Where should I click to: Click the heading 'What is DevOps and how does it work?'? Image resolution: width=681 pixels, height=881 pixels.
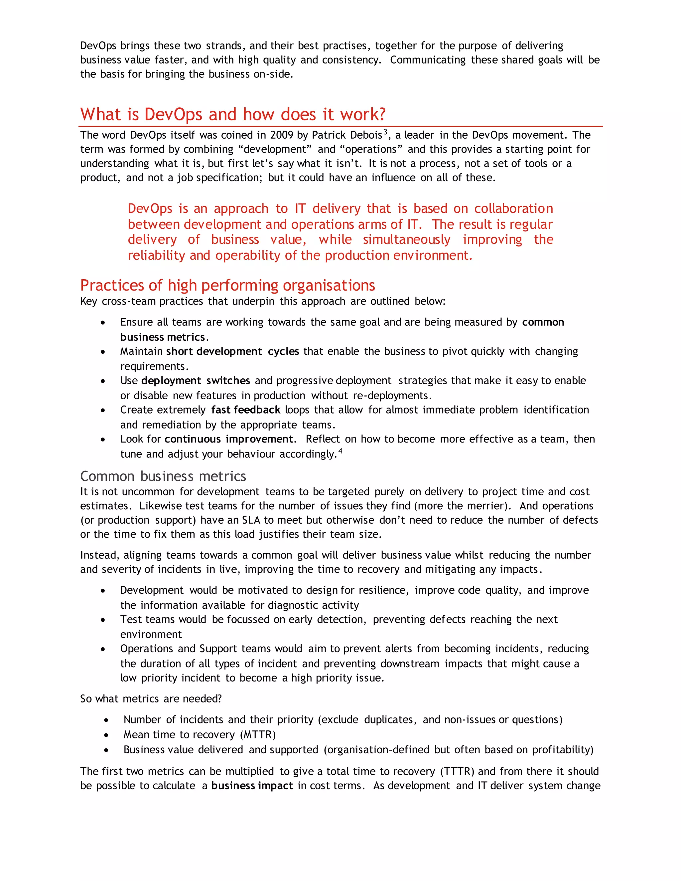click(233, 115)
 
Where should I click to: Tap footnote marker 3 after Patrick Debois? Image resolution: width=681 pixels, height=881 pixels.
click(385, 132)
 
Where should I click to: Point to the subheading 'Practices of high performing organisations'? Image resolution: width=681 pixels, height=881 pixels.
click(227, 285)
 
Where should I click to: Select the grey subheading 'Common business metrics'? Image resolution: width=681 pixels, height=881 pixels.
click(163, 476)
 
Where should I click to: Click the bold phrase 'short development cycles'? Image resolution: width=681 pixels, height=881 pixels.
click(232, 351)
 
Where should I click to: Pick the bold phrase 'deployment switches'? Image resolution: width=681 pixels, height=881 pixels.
click(196, 380)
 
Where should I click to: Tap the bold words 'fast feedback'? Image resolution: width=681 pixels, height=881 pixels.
click(246, 410)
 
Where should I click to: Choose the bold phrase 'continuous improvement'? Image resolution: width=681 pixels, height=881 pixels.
click(229, 439)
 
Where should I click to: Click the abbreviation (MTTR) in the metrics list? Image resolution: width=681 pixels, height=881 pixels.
click(258, 735)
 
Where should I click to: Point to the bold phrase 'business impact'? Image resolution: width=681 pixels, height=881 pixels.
click(252, 786)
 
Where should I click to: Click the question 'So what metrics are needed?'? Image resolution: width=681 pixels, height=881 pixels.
click(151, 699)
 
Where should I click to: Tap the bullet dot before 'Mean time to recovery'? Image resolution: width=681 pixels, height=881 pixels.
click(106, 735)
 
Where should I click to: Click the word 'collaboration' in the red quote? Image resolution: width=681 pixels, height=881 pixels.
click(513, 208)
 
